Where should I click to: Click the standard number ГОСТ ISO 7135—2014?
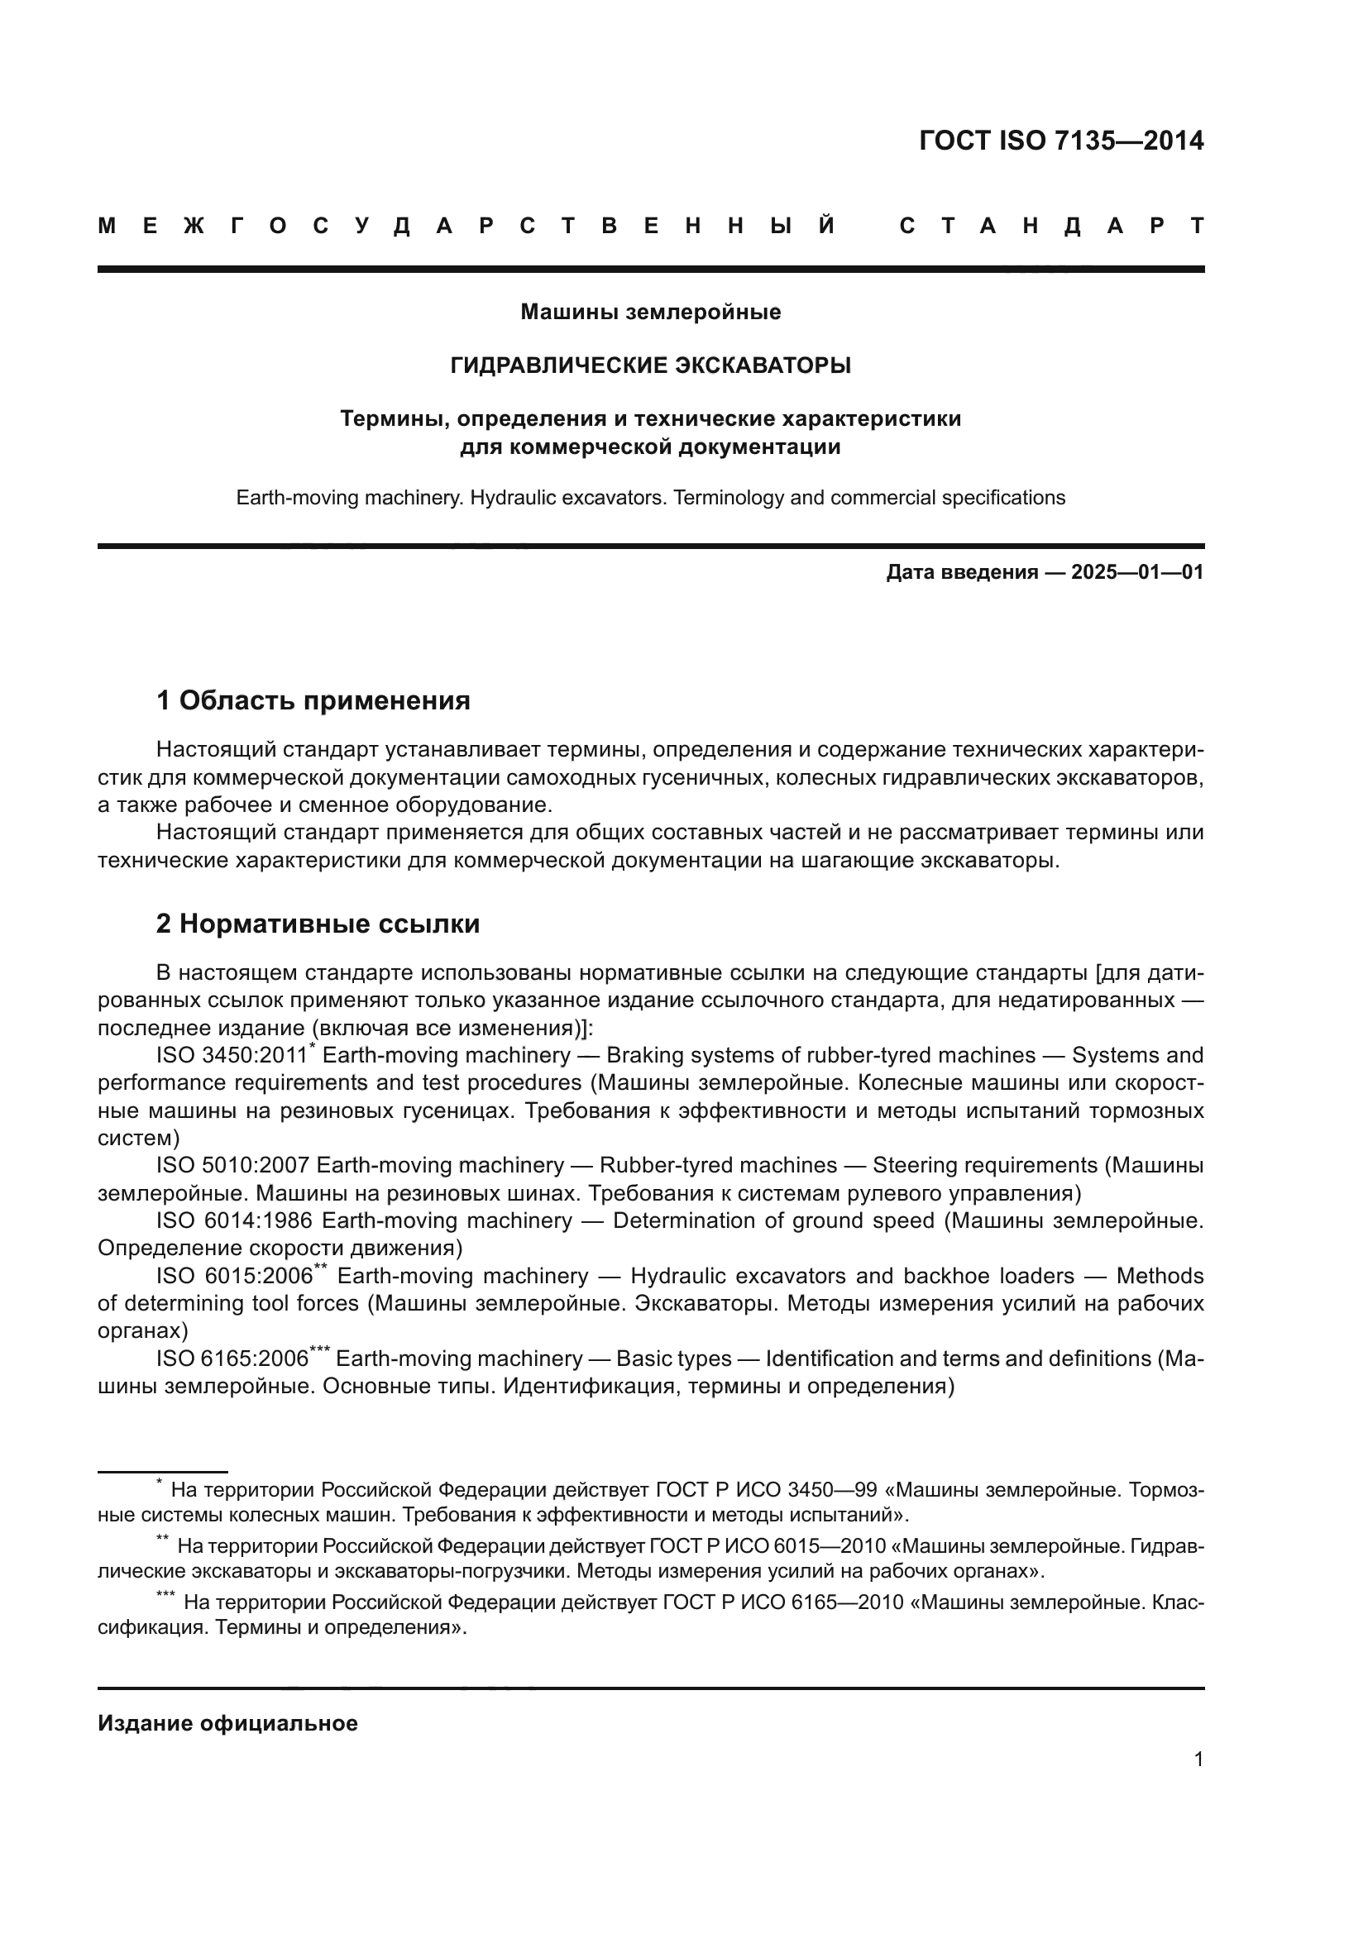point(1060,141)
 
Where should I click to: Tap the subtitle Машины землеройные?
point(650,313)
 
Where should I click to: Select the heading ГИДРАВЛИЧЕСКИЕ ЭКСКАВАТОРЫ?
point(650,365)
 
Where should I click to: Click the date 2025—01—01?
point(1136,573)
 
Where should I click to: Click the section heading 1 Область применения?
point(313,700)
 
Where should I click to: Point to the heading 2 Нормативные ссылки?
point(318,924)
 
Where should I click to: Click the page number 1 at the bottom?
point(1198,1759)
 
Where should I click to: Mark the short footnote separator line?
point(163,1472)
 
